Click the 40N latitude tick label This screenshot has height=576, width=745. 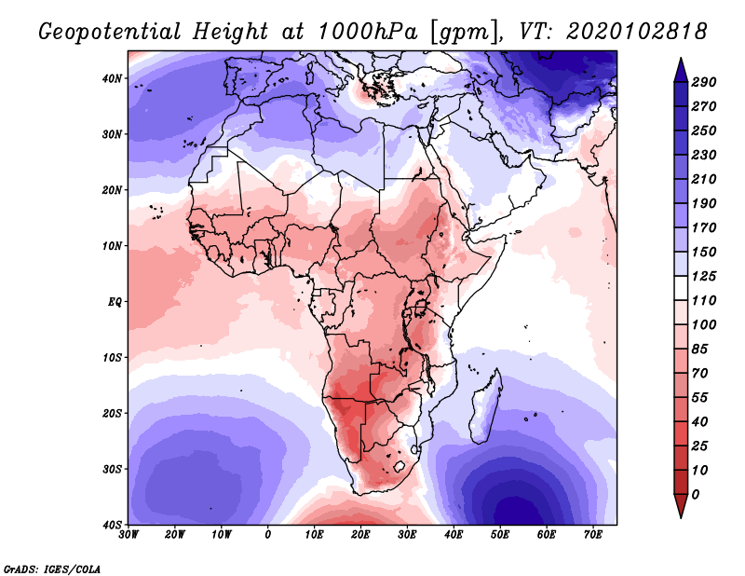click(112, 78)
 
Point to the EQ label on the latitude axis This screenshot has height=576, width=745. click(115, 302)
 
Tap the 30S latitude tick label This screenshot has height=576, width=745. click(112, 469)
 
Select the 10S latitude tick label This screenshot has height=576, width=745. click(112, 357)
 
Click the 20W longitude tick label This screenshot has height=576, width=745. click(174, 535)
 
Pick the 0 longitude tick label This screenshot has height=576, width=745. click(268, 535)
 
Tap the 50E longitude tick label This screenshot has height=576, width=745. click(500, 535)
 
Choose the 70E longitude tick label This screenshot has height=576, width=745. click(592, 535)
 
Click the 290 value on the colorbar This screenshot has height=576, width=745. click(704, 82)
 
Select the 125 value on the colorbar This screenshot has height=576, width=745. click(704, 276)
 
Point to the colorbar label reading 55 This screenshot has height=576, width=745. click(700, 398)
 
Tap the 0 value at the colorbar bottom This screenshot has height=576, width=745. click(696, 495)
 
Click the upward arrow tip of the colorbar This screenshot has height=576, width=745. click(681, 59)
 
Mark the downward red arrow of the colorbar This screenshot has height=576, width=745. click(681, 506)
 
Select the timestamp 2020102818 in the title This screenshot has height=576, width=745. click(637, 32)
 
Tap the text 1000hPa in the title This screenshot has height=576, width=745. click(368, 32)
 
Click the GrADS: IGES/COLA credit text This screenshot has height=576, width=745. click(52, 569)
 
